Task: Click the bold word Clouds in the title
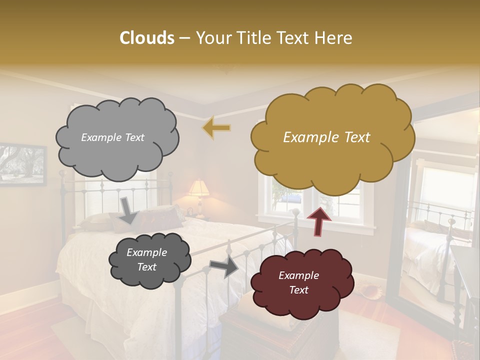point(146,38)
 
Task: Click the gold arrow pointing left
point(216,127)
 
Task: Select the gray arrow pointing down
point(128,210)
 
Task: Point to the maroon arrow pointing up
point(318,220)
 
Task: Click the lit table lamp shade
point(198,188)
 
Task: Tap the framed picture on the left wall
point(22,164)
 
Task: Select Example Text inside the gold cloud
point(326,137)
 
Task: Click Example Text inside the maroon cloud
point(298,282)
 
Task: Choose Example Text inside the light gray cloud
point(112,137)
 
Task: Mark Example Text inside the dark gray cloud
point(146,259)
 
